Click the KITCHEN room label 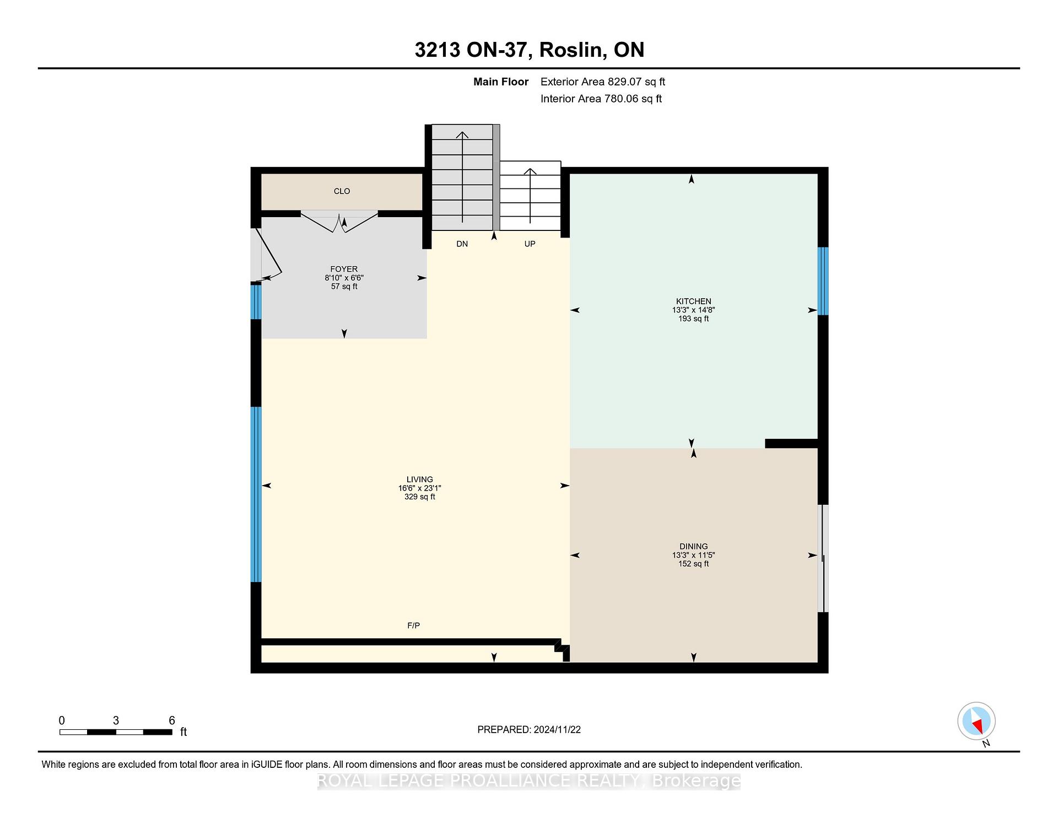pos(693,301)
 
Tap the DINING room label pos(693,546)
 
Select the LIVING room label pos(420,480)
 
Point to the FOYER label pos(344,269)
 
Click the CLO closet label pos(342,191)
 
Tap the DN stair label pos(462,244)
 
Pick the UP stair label pos(530,244)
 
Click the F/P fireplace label pos(413,625)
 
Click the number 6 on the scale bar pos(172,720)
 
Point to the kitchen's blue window pos(823,281)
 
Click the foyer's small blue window pos(256,302)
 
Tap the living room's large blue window pos(256,494)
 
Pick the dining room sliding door pos(823,558)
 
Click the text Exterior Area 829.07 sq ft pos(603,82)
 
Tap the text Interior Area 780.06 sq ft pos(601,99)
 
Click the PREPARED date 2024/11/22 pos(557,729)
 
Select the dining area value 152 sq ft pos(693,564)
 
